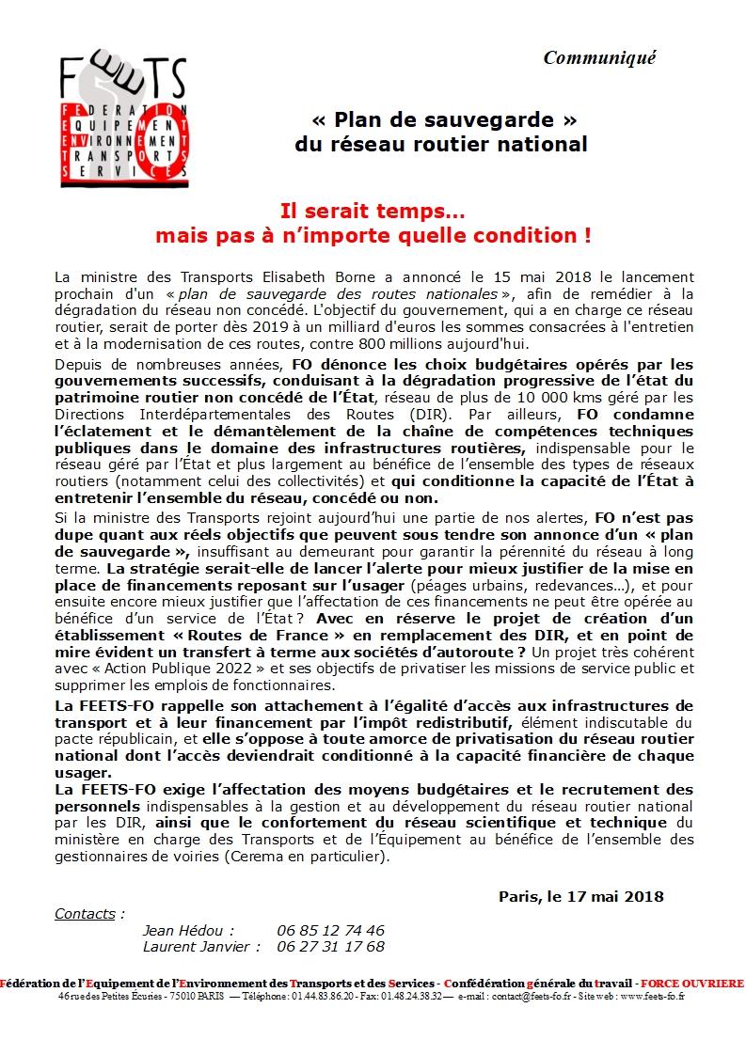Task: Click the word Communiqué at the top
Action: point(599,58)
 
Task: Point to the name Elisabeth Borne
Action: point(272,277)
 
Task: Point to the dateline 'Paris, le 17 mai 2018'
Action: point(581,896)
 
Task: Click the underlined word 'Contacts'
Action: point(86,914)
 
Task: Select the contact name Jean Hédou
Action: point(187,930)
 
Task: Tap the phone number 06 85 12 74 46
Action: point(330,930)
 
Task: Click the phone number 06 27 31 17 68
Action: point(330,947)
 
